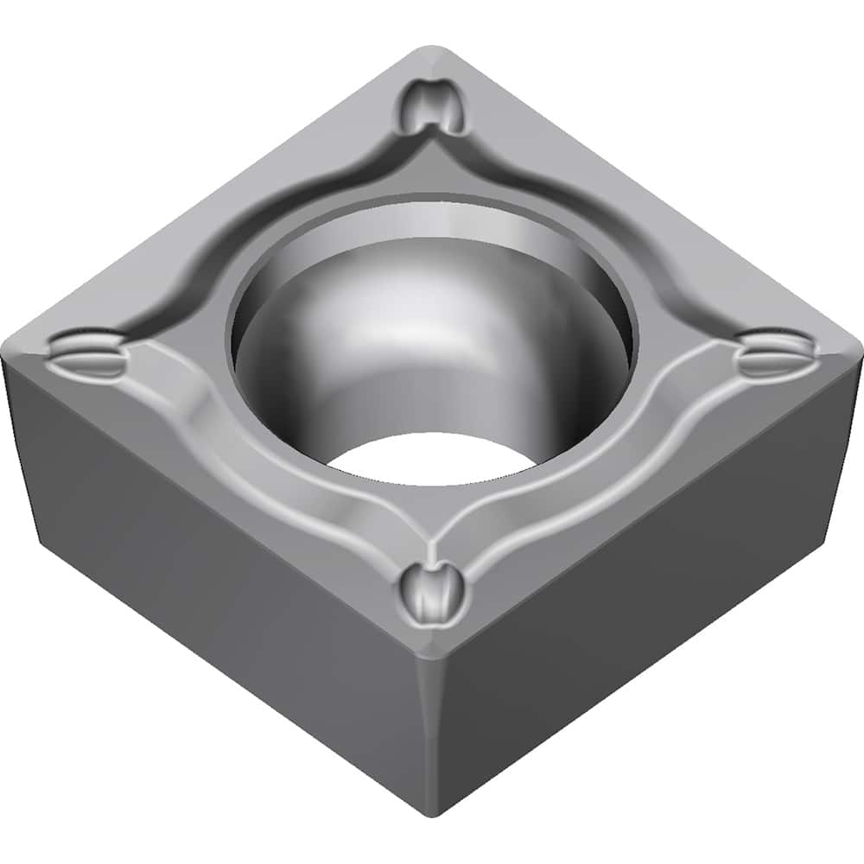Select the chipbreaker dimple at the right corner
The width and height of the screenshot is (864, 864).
pyautogui.click(x=775, y=353)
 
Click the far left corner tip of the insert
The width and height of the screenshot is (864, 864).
pyautogui.click(x=7, y=350)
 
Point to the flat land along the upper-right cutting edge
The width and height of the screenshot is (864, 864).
pyautogui.click(x=657, y=190)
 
